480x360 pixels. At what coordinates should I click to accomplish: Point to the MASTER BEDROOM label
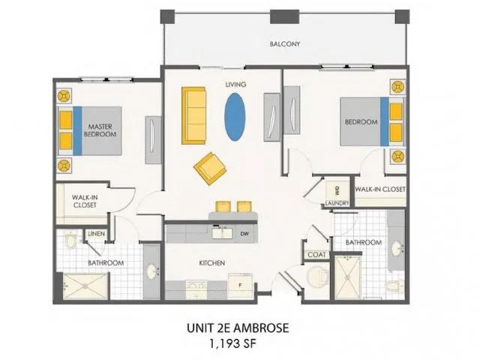tap(100, 131)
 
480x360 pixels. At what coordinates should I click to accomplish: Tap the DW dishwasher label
tap(245, 233)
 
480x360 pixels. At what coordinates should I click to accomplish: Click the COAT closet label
tap(316, 255)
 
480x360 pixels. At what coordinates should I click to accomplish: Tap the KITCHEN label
tap(212, 262)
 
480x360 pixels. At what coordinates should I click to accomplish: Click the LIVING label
tap(236, 85)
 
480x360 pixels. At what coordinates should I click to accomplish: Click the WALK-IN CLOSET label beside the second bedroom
tap(380, 190)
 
